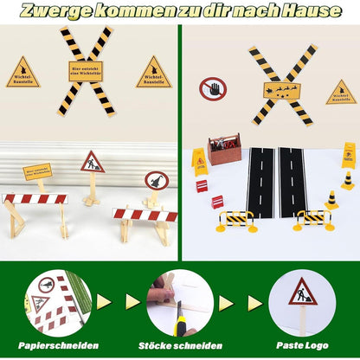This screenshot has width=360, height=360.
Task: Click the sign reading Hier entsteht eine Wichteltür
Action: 86,70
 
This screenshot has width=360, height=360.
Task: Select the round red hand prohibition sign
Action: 212,88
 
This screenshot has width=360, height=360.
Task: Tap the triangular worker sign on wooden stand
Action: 93,163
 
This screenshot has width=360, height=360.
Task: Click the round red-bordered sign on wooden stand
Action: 157,181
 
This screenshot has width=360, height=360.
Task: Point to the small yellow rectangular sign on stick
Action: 37,171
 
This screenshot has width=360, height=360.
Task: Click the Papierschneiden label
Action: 57,346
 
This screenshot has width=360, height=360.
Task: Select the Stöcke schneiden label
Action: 179,346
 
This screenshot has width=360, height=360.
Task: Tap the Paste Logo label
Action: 300,346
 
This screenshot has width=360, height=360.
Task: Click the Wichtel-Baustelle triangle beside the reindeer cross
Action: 341,93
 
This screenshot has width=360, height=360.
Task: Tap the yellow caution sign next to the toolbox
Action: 199,161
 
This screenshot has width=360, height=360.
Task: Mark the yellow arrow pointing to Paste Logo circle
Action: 254,302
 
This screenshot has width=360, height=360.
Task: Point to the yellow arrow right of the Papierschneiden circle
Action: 103,302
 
